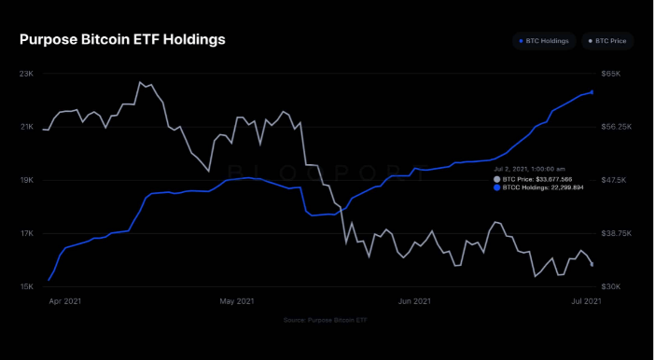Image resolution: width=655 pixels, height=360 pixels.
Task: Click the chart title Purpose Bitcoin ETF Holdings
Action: coord(122,40)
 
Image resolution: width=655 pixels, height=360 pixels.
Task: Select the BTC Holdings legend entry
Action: coord(544,41)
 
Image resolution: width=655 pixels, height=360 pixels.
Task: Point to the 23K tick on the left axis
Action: coord(26,73)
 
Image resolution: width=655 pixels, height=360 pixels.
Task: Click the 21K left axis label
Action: coord(26,127)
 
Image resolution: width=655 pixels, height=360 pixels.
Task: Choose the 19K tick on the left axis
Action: coord(26,180)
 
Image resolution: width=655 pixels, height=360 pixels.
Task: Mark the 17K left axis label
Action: coord(26,233)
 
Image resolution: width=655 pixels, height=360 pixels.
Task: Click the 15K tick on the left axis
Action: coord(26,286)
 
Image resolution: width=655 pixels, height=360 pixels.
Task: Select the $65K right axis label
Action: coord(611,73)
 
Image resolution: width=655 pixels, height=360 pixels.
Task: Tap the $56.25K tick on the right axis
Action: coord(616,127)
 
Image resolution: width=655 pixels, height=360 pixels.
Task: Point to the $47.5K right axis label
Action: coord(614,180)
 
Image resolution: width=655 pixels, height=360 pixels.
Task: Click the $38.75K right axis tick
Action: coord(616,233)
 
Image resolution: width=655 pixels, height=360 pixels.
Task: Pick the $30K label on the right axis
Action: coord(611,286)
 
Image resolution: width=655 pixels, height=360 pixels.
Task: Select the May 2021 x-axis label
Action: coord(237,301)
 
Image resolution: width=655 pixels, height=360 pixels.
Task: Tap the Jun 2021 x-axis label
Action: coord(414,301)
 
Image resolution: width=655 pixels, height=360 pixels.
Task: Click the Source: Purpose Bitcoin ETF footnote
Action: coord(327,320)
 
